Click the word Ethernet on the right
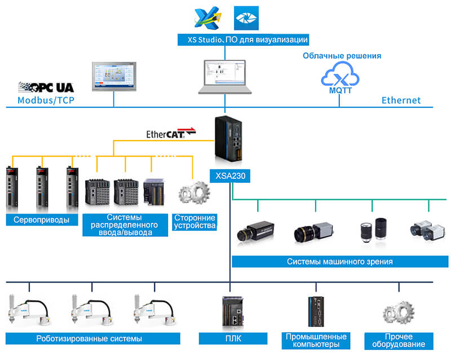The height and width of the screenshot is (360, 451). click(x=401, y=100)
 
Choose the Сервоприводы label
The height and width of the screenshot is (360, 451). click(x=42, y=219)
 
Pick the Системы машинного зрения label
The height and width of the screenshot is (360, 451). click(x=339, y=261)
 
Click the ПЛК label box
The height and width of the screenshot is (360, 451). click(x=232, y=339)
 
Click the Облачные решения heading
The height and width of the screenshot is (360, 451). click(x=342, y=56)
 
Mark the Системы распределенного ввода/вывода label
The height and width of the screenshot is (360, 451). click(x=125, y=224)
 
